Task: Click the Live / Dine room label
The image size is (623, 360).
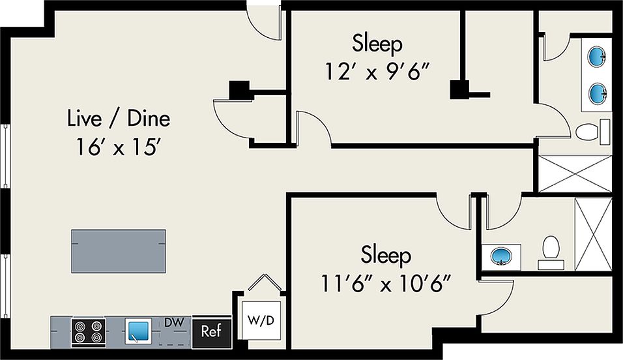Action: coord(119,118)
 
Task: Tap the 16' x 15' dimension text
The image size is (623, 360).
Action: coord(118,147)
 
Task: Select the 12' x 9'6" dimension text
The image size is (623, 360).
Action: coord(377,71)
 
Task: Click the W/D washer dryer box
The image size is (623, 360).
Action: coord(261,320)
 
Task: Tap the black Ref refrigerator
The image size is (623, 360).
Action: coord(211,331)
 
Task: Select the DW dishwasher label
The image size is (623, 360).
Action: coord(174,322)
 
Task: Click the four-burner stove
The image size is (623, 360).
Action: coord(89,332)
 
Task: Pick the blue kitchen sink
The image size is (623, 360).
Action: coord(139,331)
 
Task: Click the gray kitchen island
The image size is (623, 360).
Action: coord(119,251)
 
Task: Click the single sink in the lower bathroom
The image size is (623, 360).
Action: coord(501,256)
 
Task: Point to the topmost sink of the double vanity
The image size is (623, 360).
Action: coord(597,57)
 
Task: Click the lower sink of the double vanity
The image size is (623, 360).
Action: coord(597,93)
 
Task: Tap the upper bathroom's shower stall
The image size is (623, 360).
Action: coord(575,174)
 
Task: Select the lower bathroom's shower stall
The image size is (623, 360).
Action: coord(593,234)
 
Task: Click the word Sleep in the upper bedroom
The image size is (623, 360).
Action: coord(377,43)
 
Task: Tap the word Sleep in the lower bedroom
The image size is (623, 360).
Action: coord(385,256)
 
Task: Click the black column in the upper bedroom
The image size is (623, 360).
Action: coord(459,89)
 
